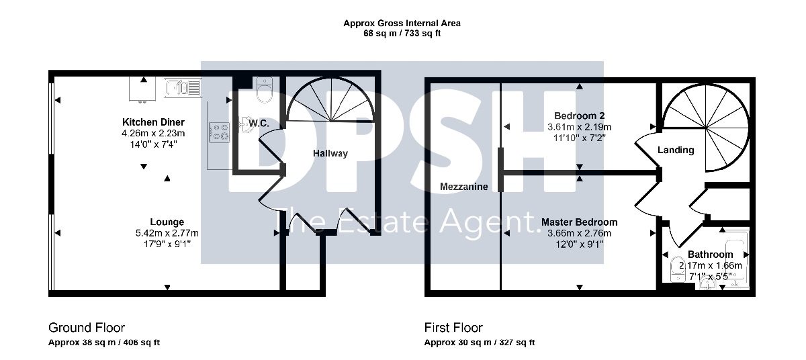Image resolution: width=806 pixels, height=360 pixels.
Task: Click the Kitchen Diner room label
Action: point(153,122)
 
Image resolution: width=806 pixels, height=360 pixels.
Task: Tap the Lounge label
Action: point(167,222)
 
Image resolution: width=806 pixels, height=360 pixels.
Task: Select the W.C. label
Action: point(259,124)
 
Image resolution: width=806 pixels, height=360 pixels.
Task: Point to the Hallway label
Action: point(330,154)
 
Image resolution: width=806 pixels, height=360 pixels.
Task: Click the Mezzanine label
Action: point(464,187)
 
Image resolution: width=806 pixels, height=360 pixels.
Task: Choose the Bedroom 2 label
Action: point(579,116)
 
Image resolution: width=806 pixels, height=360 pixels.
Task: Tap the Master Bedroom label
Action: point(579,222)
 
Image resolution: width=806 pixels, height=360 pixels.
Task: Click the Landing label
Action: point(676,150)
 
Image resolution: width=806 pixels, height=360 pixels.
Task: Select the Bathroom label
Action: point(711,255)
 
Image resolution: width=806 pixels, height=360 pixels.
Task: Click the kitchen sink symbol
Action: point(183,88)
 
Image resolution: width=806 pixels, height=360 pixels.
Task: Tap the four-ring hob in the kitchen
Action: point(219,132)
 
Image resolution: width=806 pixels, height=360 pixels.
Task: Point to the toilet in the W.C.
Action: point(265,90)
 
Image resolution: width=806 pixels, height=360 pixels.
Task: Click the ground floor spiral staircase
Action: point(330,100)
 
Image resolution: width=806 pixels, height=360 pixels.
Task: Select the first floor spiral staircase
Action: point(706,128)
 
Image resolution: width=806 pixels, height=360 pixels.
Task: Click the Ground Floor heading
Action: point(87,328)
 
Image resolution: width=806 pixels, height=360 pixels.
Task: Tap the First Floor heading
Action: point(453,328)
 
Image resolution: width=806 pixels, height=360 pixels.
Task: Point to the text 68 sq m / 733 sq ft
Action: point(402,34)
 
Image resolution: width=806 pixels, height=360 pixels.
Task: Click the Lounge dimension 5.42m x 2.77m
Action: point(167,233)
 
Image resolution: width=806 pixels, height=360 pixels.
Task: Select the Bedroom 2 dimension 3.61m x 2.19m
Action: point(579,127)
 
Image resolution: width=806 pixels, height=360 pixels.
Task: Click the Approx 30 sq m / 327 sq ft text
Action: point(480,343)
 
